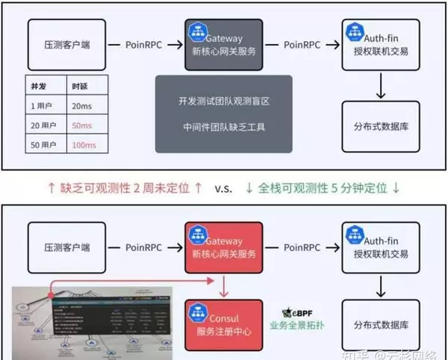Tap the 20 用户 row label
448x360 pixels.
pos(41,124)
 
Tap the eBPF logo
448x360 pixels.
pos(291,312)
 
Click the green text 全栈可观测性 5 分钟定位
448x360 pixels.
pos(327,188)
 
